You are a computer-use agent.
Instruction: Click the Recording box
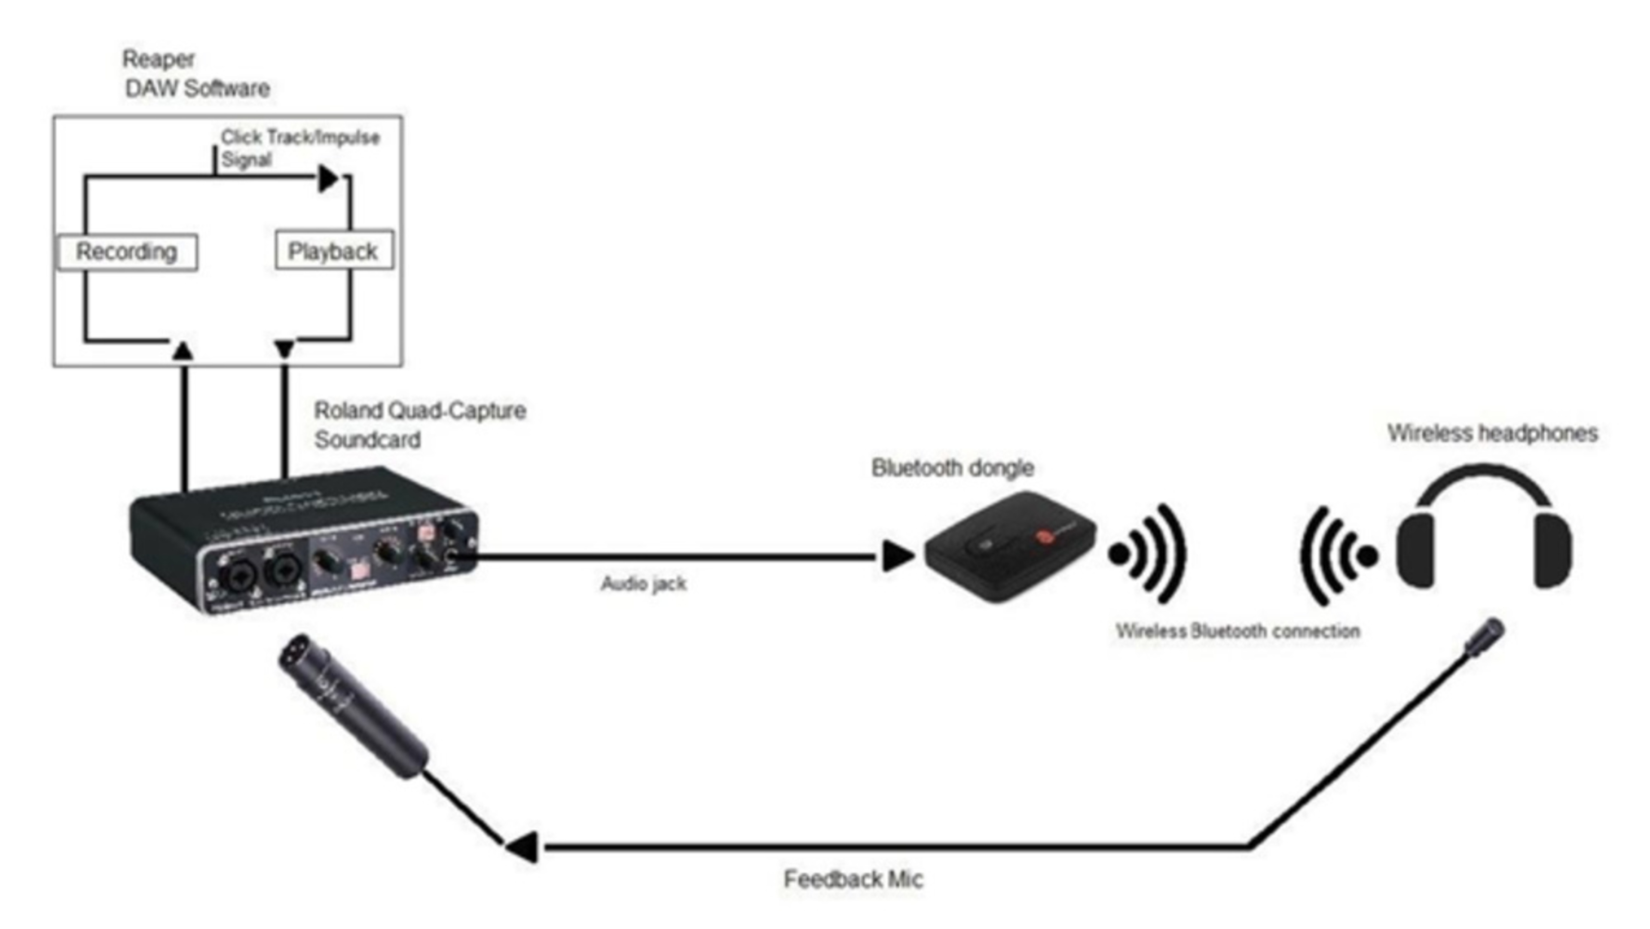127,252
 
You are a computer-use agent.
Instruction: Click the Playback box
333,251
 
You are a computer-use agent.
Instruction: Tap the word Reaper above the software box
158,59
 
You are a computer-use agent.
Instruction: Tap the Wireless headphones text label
1492,433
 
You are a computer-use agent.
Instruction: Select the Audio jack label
643,583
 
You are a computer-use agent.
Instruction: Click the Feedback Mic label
853,879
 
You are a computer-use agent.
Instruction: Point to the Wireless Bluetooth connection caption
1237,631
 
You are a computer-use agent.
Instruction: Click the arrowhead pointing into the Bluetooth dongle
897,556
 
